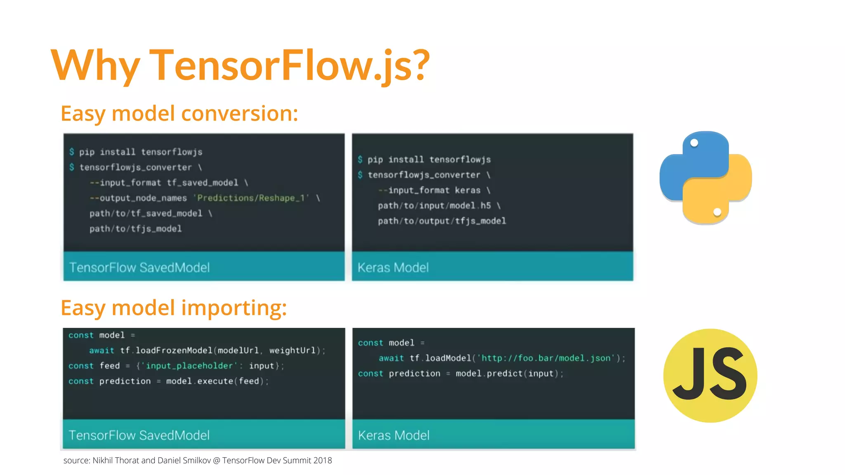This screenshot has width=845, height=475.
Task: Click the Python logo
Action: (706, 178)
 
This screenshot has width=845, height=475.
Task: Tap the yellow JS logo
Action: (710, 375)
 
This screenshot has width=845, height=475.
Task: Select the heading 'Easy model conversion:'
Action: (179, 113)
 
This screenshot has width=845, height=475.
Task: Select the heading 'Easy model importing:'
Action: (174, 308)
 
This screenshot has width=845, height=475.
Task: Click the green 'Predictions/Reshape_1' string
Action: (251, 198)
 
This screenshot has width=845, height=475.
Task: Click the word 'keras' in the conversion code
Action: (467, 190)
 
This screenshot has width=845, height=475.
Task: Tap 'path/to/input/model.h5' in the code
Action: (434, 206)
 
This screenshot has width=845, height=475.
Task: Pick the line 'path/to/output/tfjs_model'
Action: (442, 221)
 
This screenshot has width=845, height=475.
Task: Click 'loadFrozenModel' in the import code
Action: (174, 350)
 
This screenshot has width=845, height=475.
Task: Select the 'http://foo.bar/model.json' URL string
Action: (545, 358)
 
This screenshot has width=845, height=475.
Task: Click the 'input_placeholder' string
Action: (189, 366)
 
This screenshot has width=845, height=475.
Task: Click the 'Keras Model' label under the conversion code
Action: (393, 268)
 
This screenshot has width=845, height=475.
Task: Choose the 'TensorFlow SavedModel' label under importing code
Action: (139, 435)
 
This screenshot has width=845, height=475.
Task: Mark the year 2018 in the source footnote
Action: (323, 461)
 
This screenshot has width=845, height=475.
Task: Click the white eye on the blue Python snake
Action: (694, 143)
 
